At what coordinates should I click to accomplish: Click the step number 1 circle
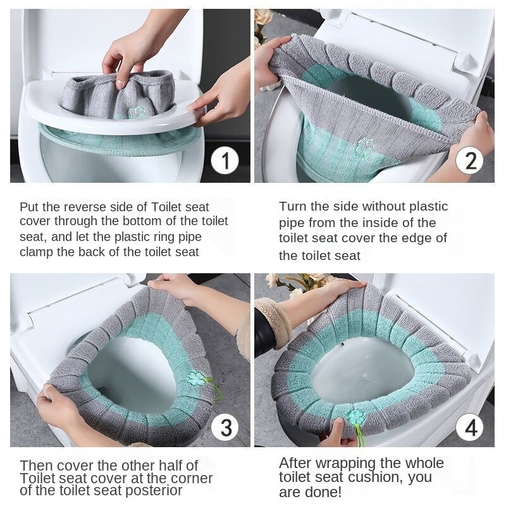(x=225, y=161)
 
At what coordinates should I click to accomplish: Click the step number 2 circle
(x=469, y=161)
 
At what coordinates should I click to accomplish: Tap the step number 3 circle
(x=225, y=427)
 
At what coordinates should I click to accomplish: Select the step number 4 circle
(x=469, y=428)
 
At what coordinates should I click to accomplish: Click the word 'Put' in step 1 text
(x=29, y=207)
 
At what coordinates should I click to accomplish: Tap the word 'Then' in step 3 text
(x=36, y=466)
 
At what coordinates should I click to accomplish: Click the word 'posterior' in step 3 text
(x=154, y=491)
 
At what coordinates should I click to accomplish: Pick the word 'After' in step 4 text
(x=295, y=463)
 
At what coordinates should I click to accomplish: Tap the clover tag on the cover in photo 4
(x=356, y=417)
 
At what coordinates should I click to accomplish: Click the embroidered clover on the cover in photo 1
(x=137, y=112)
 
